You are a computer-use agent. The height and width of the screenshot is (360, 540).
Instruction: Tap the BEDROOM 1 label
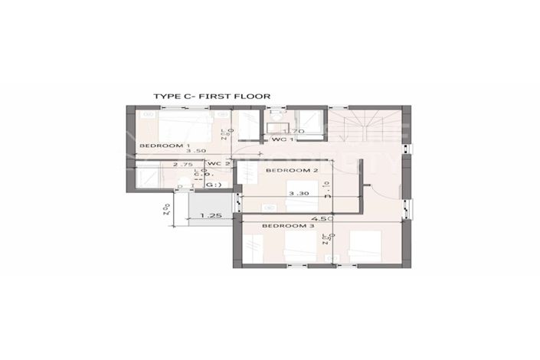point(165,146)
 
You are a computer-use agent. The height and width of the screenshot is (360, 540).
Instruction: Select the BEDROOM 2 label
point(291,170)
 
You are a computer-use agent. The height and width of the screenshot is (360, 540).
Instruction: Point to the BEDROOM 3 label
point(288,227)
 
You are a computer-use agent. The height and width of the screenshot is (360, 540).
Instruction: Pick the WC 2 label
point(218,164)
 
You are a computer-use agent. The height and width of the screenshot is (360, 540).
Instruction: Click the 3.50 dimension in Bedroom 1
point(197,152)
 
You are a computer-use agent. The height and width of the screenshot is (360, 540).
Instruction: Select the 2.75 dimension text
point(184,164)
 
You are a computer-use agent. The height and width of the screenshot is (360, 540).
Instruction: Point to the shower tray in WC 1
point(309,123)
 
